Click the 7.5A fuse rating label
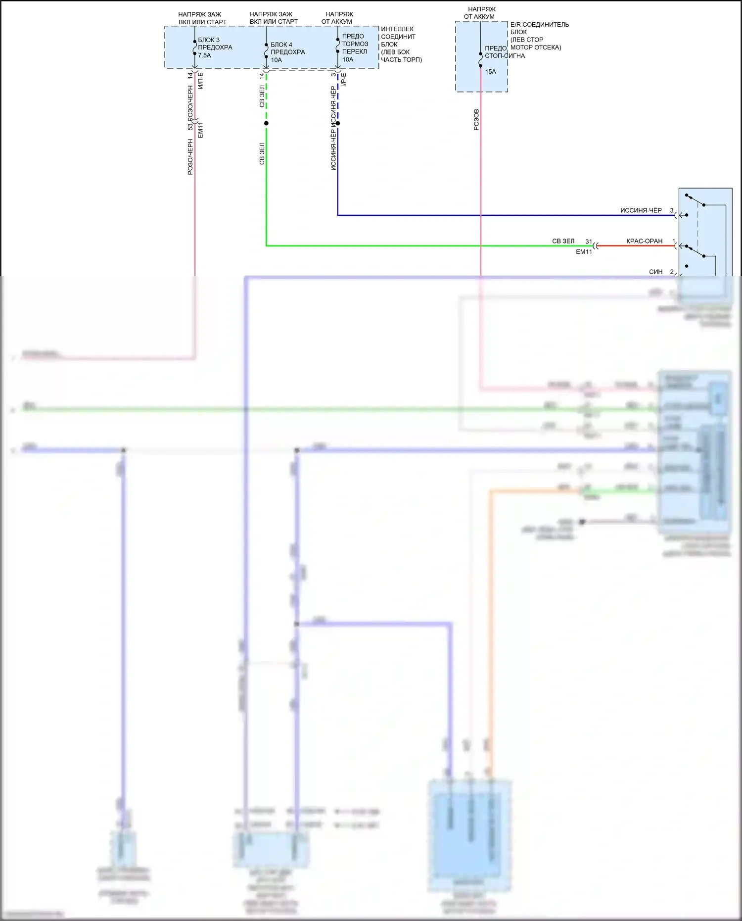204,55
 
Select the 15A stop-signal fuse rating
490,72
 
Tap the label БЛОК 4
281,45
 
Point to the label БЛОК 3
209,40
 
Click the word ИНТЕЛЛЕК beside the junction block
397,29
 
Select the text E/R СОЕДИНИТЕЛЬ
540,25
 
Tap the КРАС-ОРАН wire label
644,241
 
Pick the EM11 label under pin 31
584,252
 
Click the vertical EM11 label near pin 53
200,130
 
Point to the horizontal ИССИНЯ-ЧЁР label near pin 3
641,210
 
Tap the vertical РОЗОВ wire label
476,120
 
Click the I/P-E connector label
344,80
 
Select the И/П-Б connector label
200,81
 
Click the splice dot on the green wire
266,123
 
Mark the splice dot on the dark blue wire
338,123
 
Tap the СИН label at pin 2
655,272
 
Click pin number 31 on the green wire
589,242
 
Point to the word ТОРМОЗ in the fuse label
355,44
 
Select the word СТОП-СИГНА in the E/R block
505,56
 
